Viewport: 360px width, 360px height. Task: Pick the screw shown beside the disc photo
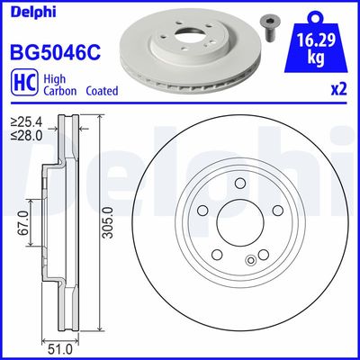tap(268, 28)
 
